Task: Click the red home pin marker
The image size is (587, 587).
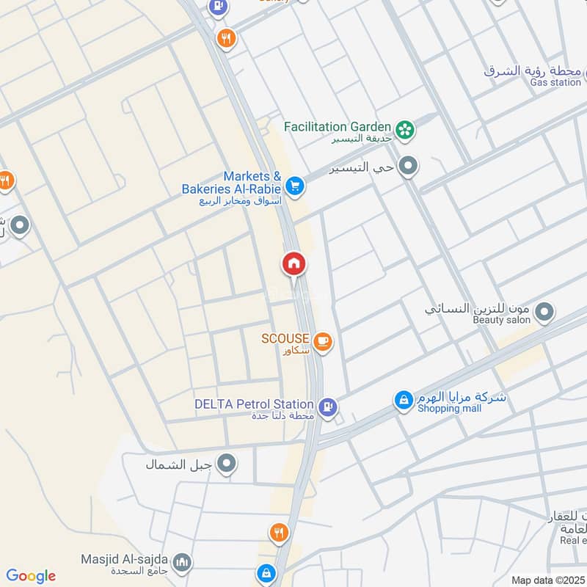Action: (x=293, y=263)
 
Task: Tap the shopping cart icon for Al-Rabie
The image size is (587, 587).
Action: (x=295, y=186)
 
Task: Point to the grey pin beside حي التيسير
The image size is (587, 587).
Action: (x=408, y=167)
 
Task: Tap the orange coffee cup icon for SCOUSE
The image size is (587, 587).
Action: (x=322, y=341)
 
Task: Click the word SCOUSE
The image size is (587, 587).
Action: (x=285, y=338)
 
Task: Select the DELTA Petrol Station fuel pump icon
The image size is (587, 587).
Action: (x=327, y=404)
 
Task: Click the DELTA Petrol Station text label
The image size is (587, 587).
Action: (x=254, y=404)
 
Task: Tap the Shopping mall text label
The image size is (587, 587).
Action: (x=450, y=409)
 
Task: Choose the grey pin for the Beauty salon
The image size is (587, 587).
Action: (x=544, y=314)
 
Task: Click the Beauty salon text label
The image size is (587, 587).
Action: (x=501, y=320)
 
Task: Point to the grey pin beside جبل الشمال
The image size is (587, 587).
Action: (x=227, y=464)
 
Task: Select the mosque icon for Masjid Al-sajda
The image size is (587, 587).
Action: (x=182, y=563)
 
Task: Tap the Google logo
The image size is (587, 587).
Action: (x=31, y=576)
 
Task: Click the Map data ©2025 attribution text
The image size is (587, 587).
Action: (x=547, y=580)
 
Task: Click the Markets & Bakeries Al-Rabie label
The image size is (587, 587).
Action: (x=232, y=183)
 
